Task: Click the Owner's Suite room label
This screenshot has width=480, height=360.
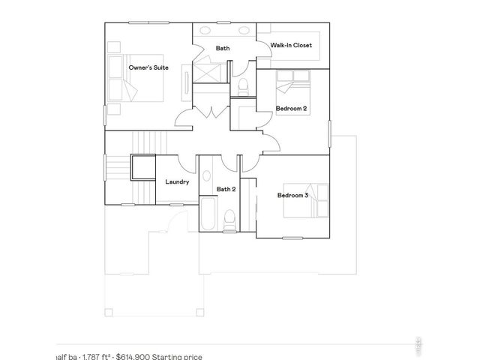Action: pyautogui.click(x=148, y=67)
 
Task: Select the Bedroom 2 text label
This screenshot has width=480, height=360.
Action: pyautogui.click(x=291, y=108)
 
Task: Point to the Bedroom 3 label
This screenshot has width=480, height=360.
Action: pyautogui.click(x=292, y=195)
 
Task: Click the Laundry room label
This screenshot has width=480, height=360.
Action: pyautogui.click(x=177, y=181)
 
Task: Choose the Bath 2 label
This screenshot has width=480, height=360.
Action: pyautogui.click(x=226, y=189)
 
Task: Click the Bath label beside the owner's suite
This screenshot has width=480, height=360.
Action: pyautogui.click(x=223, y=49)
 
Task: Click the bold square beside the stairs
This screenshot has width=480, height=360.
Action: pyautogui.click(x=142, y=167)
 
